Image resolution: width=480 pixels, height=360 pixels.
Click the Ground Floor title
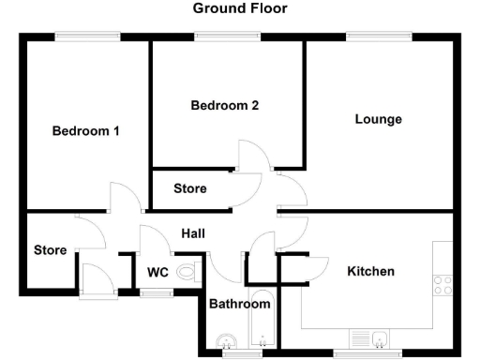(x=240, y=8)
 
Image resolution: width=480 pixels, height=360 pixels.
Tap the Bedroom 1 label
(x=85, y=131)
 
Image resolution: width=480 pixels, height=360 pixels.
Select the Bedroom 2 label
(x=225, y=106)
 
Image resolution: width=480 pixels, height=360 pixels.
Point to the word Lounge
(x=379, y=119)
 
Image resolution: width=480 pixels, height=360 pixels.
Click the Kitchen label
(x=371, y=271)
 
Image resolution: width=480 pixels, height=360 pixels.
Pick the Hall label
(x=193, y=233)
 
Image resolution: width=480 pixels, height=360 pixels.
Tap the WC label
(x=157, y=273)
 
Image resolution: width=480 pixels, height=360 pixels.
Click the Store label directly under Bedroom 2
(x=190, y=188)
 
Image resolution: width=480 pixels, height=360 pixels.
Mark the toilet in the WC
(x=187, y=273)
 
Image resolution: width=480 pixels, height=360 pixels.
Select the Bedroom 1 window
(x=87, y=37)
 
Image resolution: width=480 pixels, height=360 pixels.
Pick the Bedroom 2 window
(x=228, y=37)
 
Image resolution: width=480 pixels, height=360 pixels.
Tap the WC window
(x=156, y=293)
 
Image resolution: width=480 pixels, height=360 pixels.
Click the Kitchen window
(x=366, y=354)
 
